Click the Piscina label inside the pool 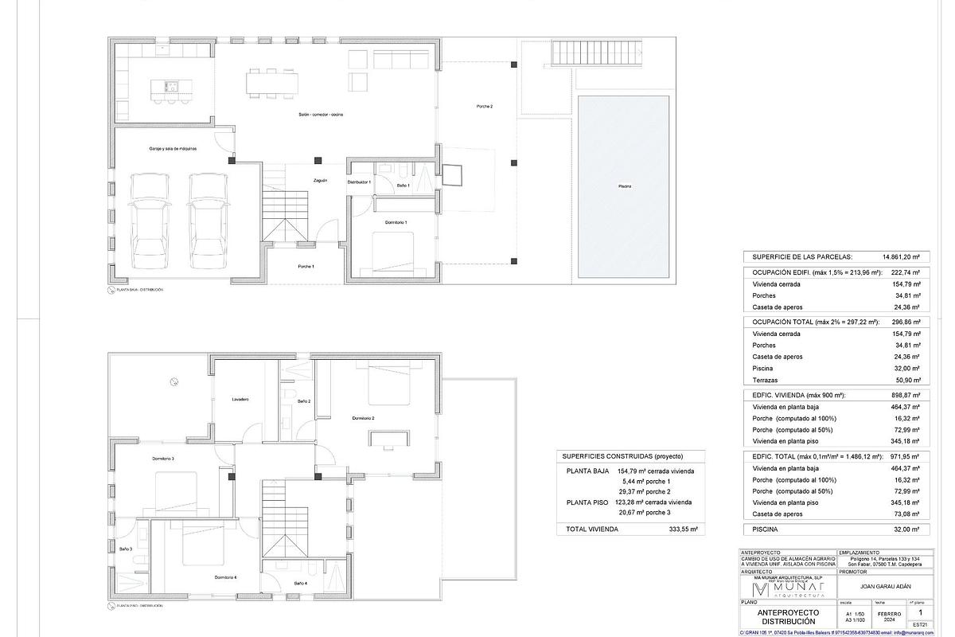pos(625,186)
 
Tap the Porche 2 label pos(485,107)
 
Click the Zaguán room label pos(320,181)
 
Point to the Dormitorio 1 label pos(396,222)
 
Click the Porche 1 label pos(306,266)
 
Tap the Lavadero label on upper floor pos(241,399)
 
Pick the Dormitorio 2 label pos(363,418)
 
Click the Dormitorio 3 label pos(163,459)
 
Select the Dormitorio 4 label pos(225,577)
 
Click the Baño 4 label pos(300,584)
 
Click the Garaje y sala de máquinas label pos(173,149)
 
